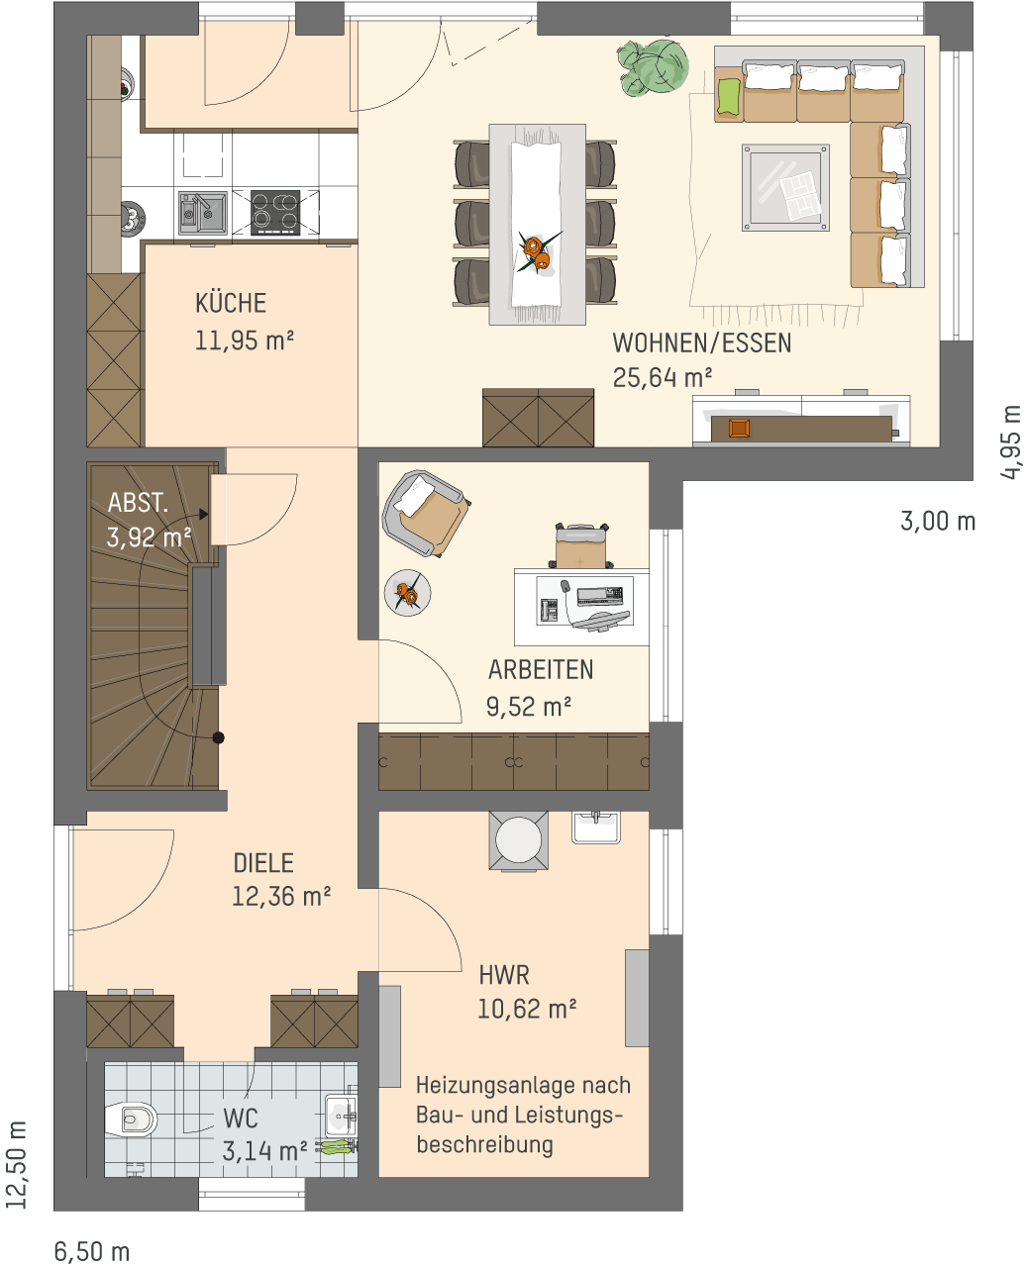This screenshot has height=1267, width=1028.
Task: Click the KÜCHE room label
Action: [231, 303]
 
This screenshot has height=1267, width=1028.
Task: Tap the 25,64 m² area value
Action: [662, 377]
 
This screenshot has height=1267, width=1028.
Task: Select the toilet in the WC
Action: [131, 1120]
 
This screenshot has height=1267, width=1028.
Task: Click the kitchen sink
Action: [202, 213]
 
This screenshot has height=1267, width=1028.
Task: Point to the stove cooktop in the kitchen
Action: [275, 213]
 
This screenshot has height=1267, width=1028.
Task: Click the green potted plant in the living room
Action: [653, 68]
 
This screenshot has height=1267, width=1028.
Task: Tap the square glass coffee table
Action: [785, 187]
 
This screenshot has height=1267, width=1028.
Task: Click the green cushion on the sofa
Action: [729, 96]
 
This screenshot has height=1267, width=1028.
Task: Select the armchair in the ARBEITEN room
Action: [425, 513]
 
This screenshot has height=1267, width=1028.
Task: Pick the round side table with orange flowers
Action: [407, 593]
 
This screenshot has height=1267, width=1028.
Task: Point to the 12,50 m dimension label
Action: [17, 1165]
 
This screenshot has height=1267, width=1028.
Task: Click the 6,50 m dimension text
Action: [92, 1251]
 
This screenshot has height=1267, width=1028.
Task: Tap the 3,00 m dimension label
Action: [938, 521]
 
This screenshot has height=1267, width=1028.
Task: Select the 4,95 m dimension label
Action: [1011, 441]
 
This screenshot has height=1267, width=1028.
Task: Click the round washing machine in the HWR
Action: [519, 840]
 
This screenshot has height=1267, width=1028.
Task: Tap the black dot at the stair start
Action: [219, 737]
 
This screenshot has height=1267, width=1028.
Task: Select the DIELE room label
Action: [263, 863]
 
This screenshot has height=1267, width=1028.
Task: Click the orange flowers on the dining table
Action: [537, 251]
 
